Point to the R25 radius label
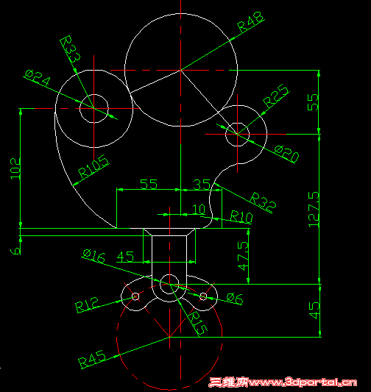275,96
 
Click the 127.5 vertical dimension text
315,210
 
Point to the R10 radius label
241,216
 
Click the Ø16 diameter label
95,254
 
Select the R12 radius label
87,304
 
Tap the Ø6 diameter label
234,298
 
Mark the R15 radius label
198,322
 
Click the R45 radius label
93,360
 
